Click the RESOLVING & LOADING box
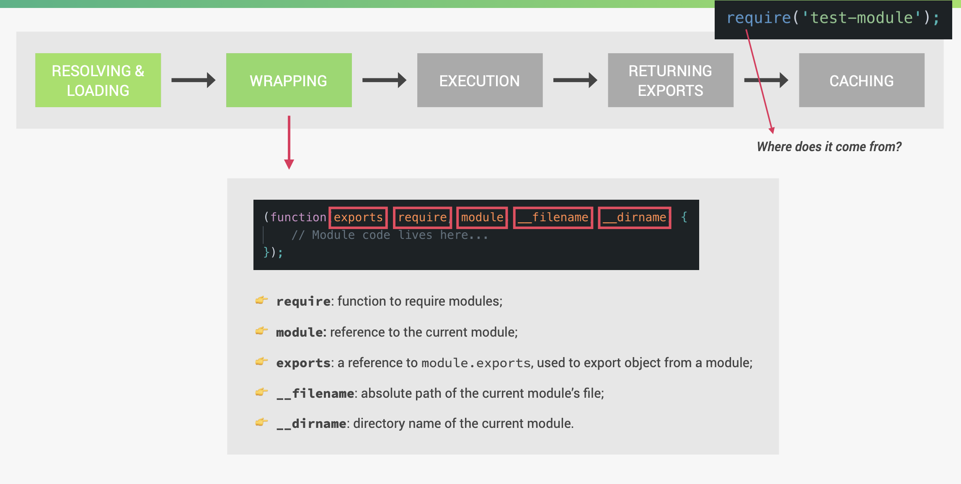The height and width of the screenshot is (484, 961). pos(98,80)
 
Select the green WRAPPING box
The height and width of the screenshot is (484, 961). pos(289,80)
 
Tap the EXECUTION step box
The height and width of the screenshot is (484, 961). pos(480,80)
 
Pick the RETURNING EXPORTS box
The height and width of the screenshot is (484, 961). pos(670,80)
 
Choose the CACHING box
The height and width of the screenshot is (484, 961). pos(861,80)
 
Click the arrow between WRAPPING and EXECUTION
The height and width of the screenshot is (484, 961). pos(384,80)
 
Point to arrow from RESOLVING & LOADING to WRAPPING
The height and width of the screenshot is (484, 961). pos(193,80)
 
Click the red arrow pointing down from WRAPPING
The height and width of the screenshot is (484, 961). pos(289,142)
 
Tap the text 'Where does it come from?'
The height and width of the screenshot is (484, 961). pos(829,147)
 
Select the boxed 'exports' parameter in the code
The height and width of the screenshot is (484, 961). pos(358,217)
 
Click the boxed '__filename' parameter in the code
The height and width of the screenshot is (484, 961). pos(553,217)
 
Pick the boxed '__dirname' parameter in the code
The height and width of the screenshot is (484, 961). pos(635,217)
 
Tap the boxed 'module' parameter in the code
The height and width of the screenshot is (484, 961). pos(482,217)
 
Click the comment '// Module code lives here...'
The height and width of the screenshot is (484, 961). pos(390,235)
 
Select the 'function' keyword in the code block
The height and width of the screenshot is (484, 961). pos(298,217)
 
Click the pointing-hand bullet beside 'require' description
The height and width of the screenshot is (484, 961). pos(261,300)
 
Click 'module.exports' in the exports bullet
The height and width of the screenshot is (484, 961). pos(476,363)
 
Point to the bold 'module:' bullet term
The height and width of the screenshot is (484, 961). pos(301,332)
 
